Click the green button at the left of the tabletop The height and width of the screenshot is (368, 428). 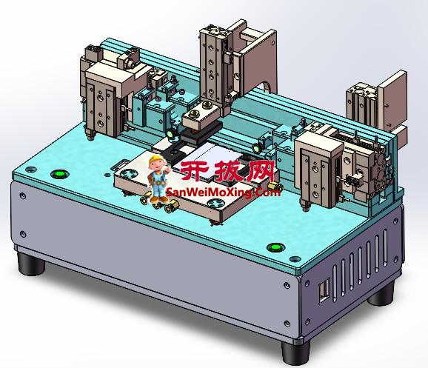click(58, 175)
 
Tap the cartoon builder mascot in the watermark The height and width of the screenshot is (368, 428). click(157, 178)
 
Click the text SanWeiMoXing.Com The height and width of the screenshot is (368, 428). click(224, 193)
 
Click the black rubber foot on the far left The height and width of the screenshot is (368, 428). click(30, 264)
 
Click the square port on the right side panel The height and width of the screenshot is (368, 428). click(324, 291)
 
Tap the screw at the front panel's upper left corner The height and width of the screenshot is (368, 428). click(24, 197)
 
